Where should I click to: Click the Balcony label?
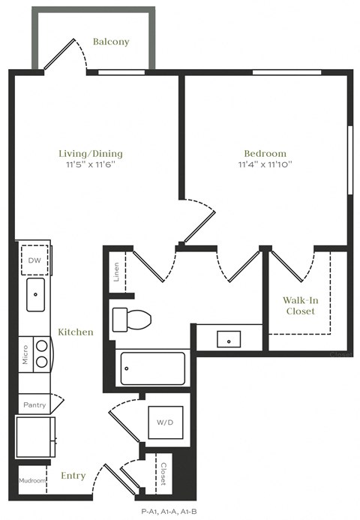(x=111, y=42)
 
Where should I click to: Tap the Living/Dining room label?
(x=90, y=154)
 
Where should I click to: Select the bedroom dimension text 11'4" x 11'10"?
(x=265, y=164)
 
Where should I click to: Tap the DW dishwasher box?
(x=34, y=260)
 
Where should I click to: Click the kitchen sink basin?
(x=35, y=295)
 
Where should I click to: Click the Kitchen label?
(x=76, y=332)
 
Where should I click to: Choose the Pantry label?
(x=34, y=405)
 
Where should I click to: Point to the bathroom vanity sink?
(x=228, y=339)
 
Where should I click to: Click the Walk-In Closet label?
(x=300, y=305)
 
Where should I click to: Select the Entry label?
(x=73, y=476)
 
